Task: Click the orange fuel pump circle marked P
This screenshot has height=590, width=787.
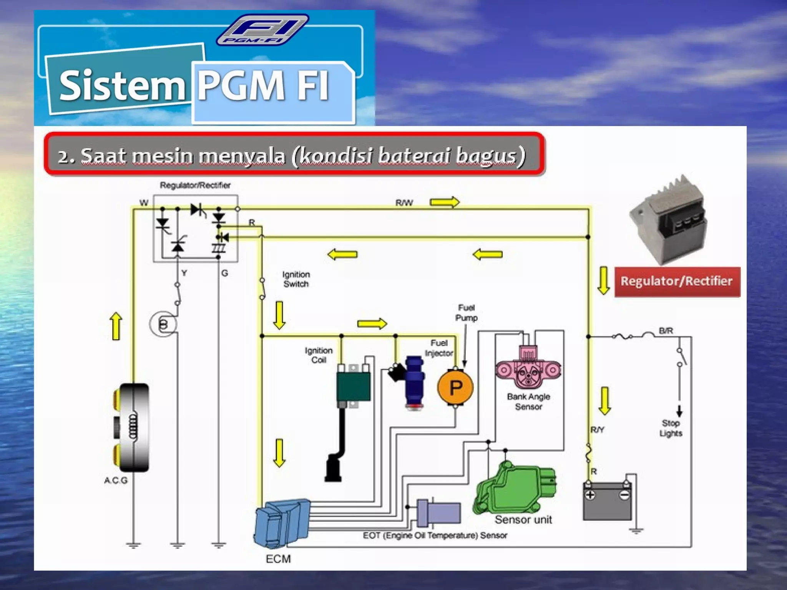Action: pos(455,387)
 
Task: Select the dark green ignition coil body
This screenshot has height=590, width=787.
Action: pos(354,386)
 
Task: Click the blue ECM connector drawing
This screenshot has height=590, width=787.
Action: pos(281,522)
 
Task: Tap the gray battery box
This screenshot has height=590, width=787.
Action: pos(607,501)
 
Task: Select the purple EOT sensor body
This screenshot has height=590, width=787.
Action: pos(442,512)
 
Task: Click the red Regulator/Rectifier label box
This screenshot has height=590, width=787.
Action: pos(677,282)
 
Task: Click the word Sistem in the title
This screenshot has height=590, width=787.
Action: pos(122,85)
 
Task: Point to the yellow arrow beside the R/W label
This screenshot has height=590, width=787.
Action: pos(444,202)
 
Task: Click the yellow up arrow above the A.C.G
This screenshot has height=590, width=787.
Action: pos(116,326)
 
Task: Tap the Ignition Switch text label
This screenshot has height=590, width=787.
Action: pos(296,279)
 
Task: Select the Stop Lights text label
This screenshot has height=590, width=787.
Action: pos(671,428)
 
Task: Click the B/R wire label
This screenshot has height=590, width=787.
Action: pos(666,331)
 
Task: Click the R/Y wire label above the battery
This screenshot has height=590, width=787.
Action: pos(598,429)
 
